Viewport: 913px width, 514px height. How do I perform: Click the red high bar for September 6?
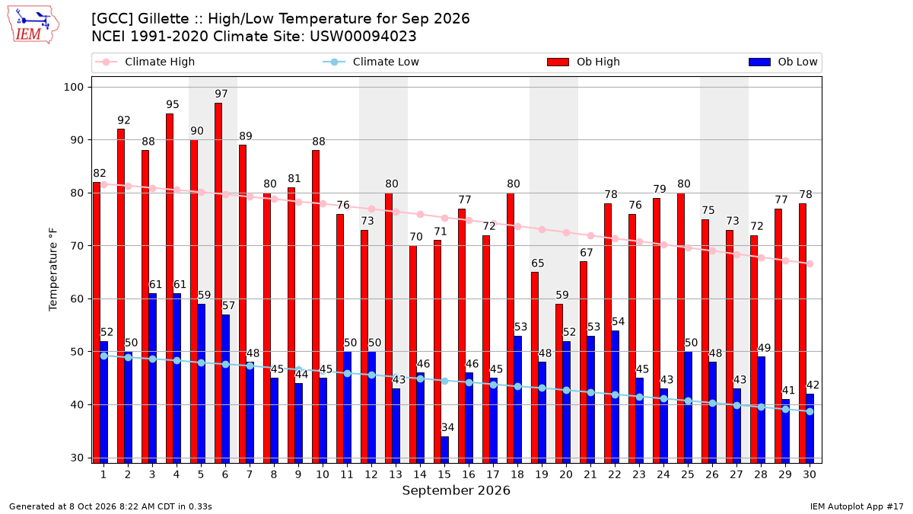(218, 283)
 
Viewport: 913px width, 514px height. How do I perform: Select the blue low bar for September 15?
(444, 449)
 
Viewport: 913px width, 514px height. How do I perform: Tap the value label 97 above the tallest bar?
(221, 94)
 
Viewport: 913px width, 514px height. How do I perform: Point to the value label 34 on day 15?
(447, 427)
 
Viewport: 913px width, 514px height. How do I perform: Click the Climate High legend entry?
(145, 62)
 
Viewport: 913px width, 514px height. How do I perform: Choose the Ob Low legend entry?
(783, 62)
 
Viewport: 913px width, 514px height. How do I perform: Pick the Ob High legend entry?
(584, 62)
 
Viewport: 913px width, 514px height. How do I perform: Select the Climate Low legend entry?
(371, 62)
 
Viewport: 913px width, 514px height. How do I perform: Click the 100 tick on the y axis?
(73, 88)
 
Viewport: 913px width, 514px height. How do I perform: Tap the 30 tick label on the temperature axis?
(77, 458)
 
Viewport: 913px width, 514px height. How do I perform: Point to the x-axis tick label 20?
(566, 475)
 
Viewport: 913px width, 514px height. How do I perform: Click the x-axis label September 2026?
(456, 490)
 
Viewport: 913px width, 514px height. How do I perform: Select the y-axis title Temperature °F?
(53, 270)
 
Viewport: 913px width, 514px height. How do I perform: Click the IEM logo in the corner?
(33, 25)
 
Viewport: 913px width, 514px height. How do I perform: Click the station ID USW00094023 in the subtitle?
(363, 37)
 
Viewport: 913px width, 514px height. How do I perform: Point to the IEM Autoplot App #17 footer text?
(857, 506)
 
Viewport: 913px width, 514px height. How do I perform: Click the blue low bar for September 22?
(615, 397)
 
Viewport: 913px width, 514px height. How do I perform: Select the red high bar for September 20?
(558, 384)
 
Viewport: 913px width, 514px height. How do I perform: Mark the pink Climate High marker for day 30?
(810, 264)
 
